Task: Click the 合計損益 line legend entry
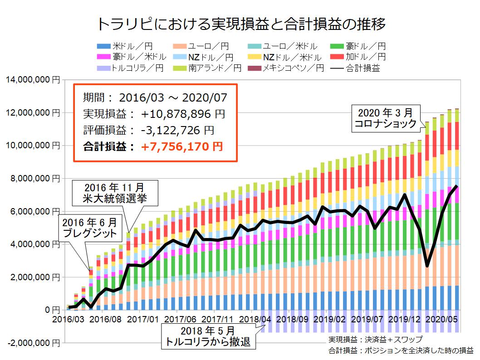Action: point(356,68)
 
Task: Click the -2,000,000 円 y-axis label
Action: point(31,343)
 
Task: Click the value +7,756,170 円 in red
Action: point(181,146)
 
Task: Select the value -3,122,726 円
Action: point(177,130)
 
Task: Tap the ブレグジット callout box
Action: point(89,229)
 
